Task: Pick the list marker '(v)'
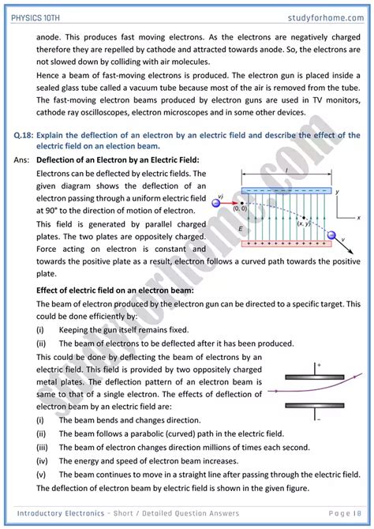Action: point(40,475)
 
